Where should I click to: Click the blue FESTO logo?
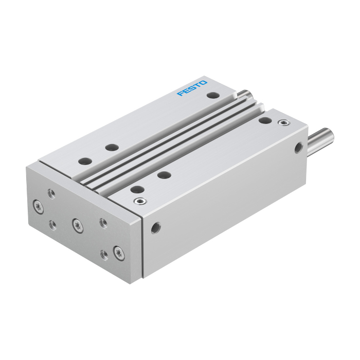[192, 88]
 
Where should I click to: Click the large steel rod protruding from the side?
[321, 141]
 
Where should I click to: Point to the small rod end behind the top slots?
[245, 94]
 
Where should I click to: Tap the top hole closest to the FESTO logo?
[213, 95]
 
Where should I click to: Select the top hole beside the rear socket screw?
[265, 120]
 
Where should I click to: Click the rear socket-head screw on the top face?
[284, 122]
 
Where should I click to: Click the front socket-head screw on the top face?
[140, 202]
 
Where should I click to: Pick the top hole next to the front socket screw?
[137, 190]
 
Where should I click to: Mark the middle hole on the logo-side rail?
[112, 148]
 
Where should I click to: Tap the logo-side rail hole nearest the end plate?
[85, 161]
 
